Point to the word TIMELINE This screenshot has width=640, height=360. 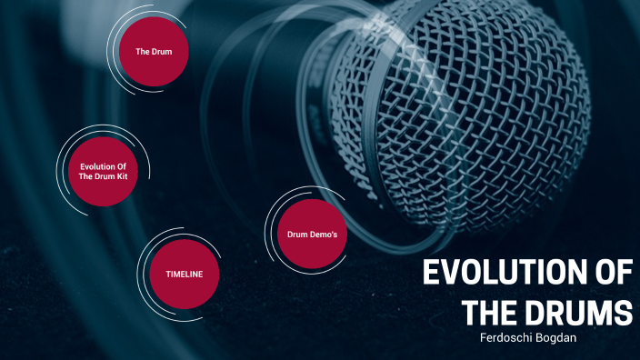click(x=184, y=274)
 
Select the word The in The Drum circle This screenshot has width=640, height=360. click(x=143, y=52)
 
